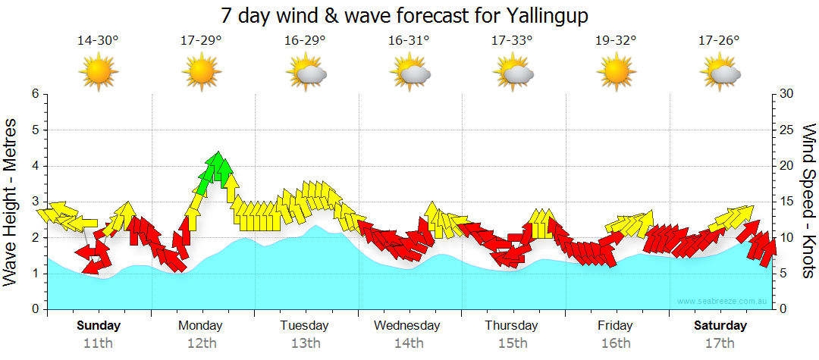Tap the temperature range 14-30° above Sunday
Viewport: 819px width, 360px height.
pyautogui.click(x=98, y=41)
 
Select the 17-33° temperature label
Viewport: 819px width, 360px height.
pyautogui.click(x=512, y=41)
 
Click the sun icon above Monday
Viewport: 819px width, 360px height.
pyautogui.click(x=201, y=73)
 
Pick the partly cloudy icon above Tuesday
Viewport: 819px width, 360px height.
pyautogui.click(x=306, y=73)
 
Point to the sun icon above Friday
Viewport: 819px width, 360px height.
pyautogui.click(x=616, y=73)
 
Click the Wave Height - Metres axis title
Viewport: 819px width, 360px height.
pyautogui.click(x=11, y=202)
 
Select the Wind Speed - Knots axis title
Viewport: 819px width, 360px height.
pyautogui.click(x=808, y=202)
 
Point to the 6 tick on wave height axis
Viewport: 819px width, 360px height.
pyautogui.click(x=35, y=94)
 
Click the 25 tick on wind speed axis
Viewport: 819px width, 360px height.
pyautogui.click(x=787, y=130)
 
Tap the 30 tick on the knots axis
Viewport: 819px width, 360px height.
pyautogui.click(x=787, y=94)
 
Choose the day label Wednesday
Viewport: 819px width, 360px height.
pyautogui.click(x=407, y=326)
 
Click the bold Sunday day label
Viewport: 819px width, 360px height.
pyautogui.click(x=99, y=326)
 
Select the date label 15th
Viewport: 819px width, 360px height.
pyautogui.click(x=513, y=343)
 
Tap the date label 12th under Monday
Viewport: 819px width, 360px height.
pyautogui.click(x=201, y=343)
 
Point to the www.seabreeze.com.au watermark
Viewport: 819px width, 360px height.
pyautogui.click(x=723, y=302)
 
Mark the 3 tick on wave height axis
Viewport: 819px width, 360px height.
pyautogui.click(x=35, y=202)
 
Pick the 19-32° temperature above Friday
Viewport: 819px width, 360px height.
pyautogui.click(x=616, y=41)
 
